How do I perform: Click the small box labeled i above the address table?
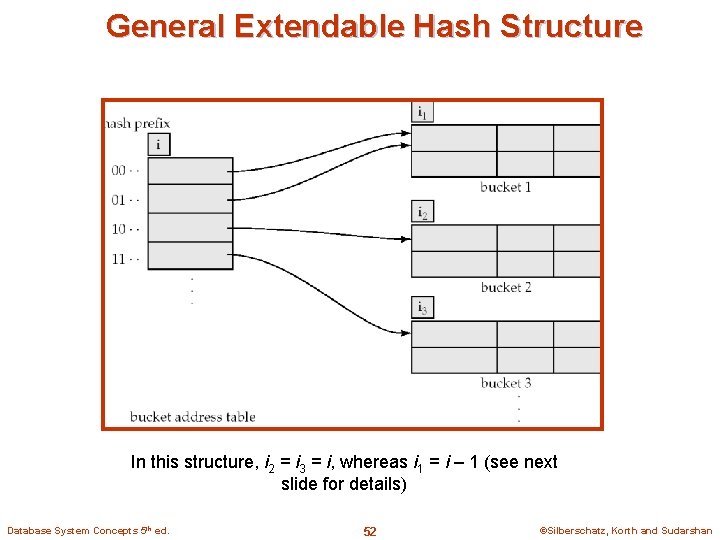[158, 144]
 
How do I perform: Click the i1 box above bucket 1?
[423, 113]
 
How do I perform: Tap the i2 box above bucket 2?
[423, 212]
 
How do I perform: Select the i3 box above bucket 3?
[423, 308]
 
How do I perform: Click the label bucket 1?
[505, 187]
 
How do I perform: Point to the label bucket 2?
[505, 287]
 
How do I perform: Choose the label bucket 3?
[505, 383]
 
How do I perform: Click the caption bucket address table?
[192, 417]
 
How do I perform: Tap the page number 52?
[369, 531]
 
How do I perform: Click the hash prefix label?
[138, 124]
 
